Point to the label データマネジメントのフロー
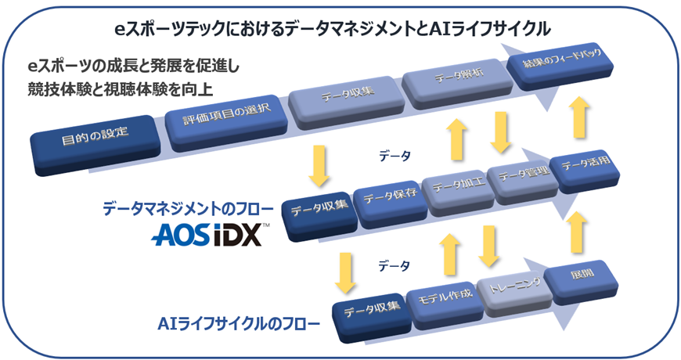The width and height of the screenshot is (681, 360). [x=189, y=209]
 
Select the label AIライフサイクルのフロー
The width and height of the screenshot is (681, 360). [x=228, y=322]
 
